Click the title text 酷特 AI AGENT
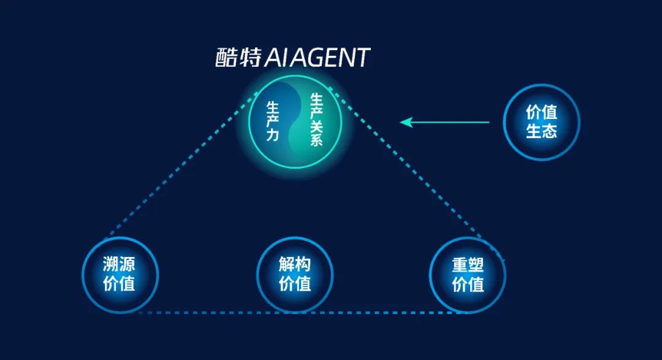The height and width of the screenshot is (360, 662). coord(292,58)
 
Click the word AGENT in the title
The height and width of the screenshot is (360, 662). coord(333,58)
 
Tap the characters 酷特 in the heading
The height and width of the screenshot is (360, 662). coord(238,58)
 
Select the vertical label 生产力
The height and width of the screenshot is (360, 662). coord(273,121)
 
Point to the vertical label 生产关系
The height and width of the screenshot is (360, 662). coord(317,120)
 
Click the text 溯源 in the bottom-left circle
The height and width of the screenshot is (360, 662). coord(119,265)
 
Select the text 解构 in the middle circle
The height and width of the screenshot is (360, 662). coord(295,265)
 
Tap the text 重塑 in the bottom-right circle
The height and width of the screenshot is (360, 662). coord(468,265)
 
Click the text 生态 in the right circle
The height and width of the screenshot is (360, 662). coord(542,131)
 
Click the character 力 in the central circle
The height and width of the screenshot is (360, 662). coord(273,135)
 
